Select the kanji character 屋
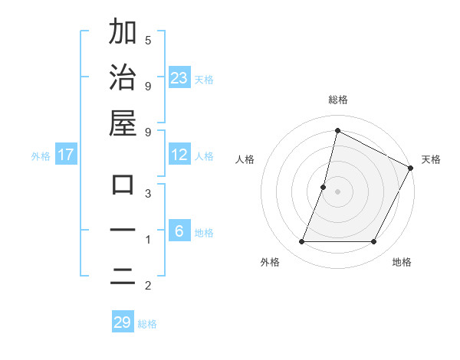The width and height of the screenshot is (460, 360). coord(123,123)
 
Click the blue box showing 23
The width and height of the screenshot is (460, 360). coord(179,77)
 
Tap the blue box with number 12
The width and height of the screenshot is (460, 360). coord(179,155)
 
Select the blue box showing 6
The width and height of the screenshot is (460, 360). coord(179,231)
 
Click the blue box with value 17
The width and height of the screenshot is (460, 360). coord(66,155)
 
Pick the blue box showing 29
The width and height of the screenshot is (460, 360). coord(123,322)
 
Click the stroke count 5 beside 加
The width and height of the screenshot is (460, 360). coord(148,40)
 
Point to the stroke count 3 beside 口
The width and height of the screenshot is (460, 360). coord(148,194)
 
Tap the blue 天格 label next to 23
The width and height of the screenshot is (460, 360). coord(203,79)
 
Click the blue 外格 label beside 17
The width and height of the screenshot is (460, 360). coord(41,155)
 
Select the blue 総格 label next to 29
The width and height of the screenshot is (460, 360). coord(147,323)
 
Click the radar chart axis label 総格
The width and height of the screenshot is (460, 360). coord(337,100)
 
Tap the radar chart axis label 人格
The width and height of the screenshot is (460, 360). coord(245,159)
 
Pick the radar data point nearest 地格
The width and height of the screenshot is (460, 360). coord(374,242)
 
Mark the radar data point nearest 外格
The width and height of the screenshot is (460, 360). coord(301,242)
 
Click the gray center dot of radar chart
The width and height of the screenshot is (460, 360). coord(337,191)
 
